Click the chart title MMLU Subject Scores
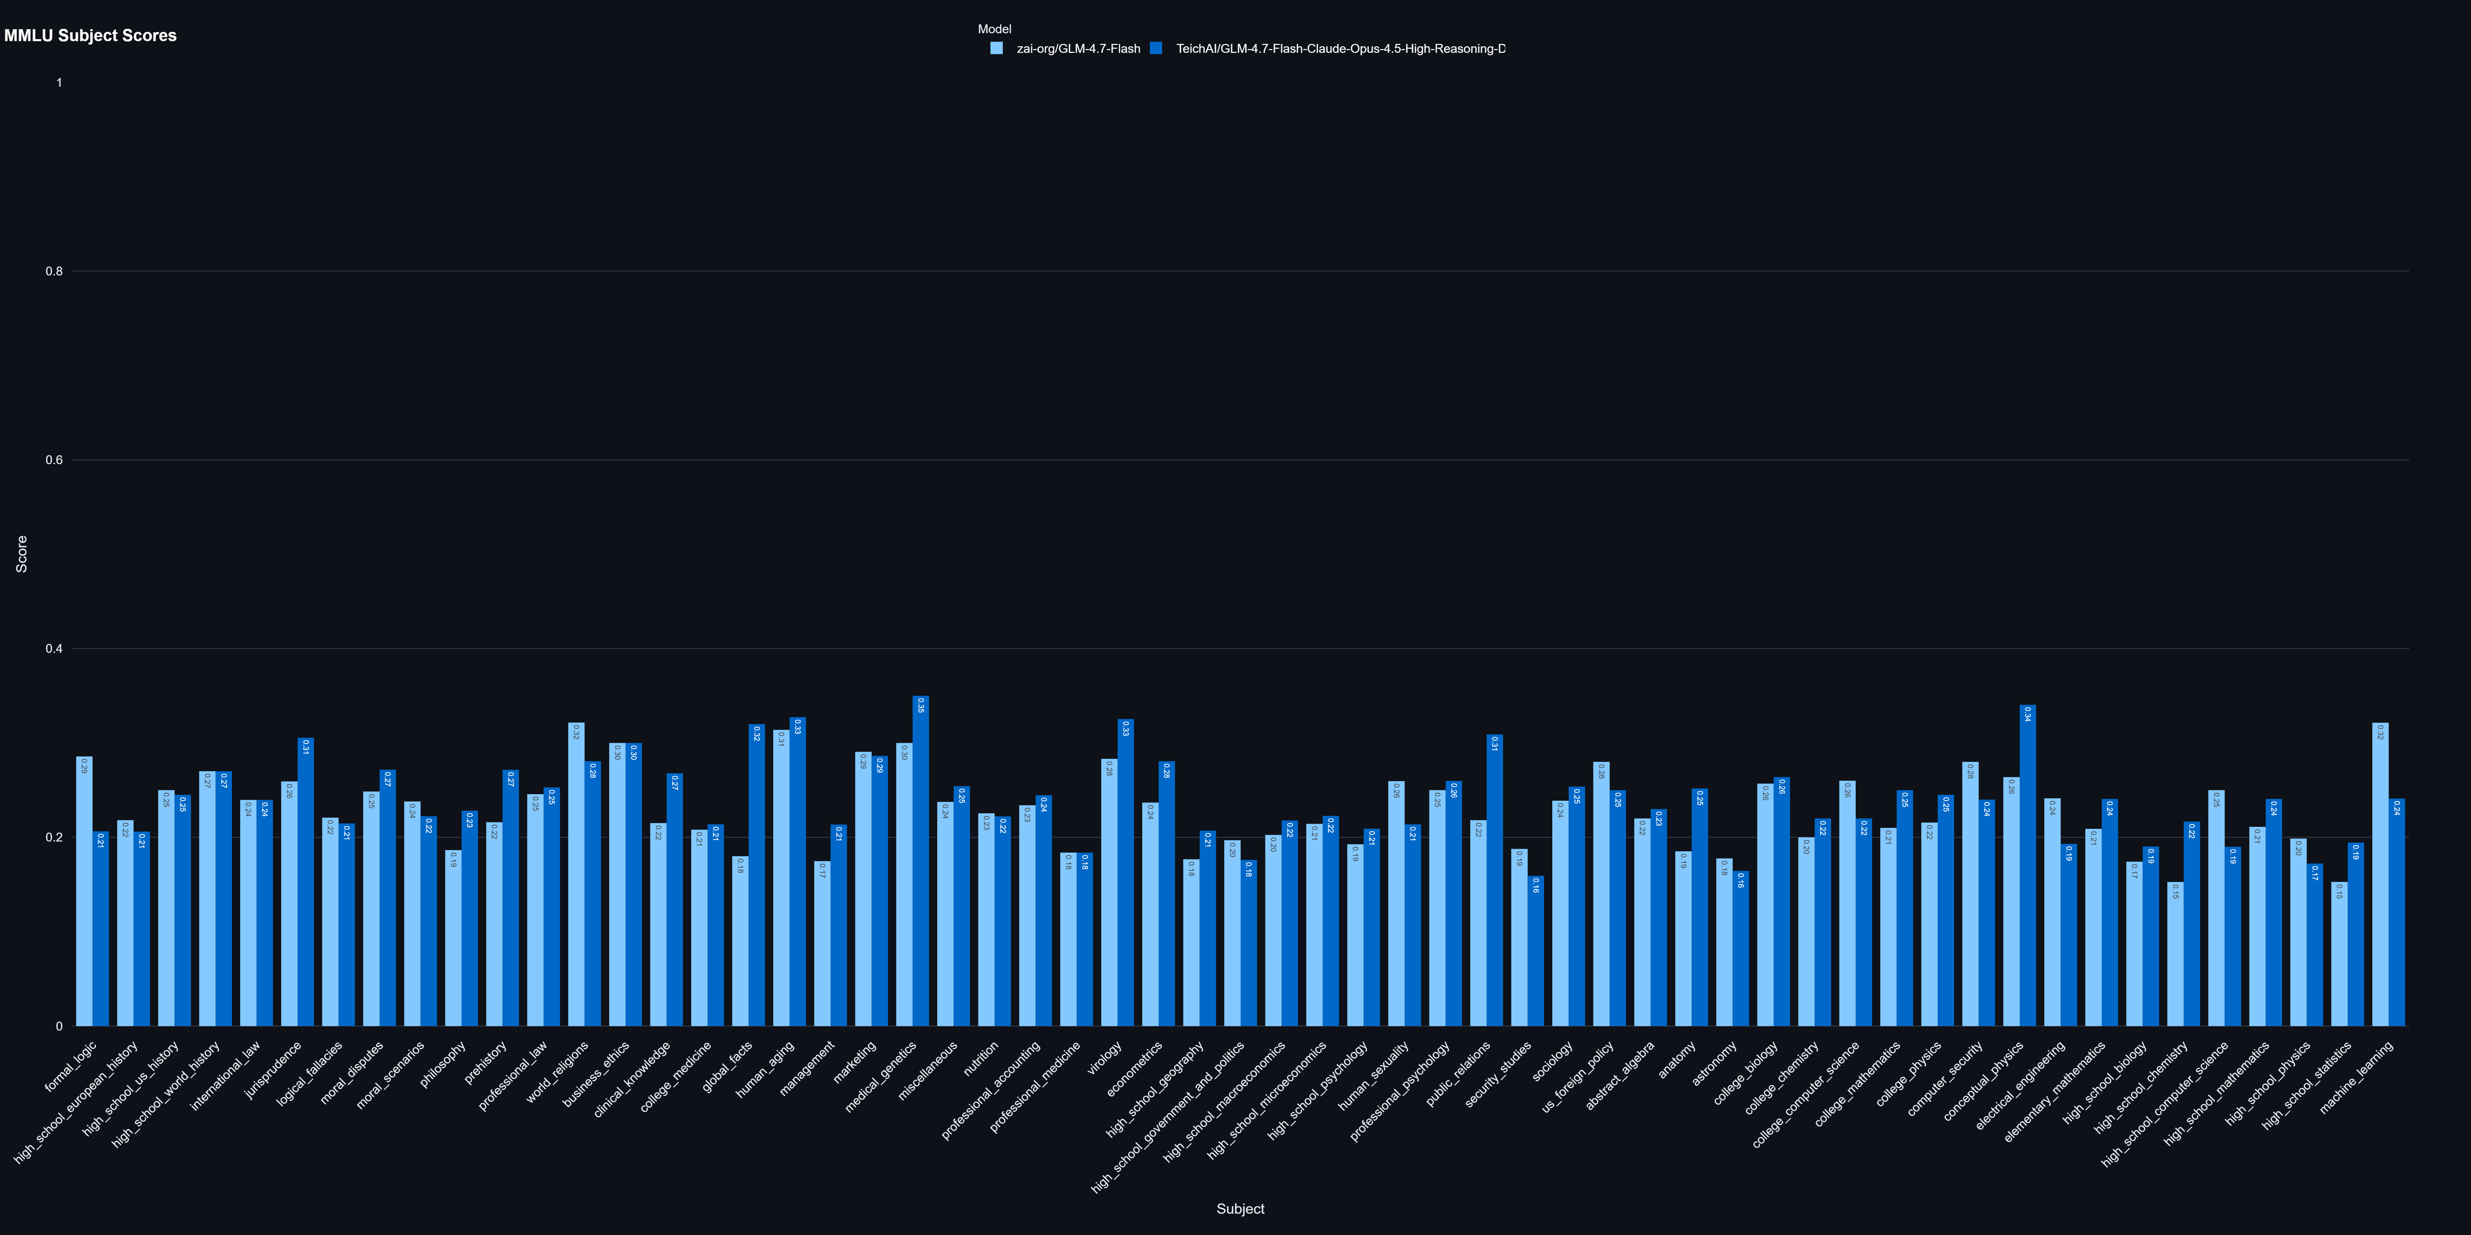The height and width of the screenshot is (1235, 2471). click(90, 35)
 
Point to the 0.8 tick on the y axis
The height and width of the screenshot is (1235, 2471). click(54, 271)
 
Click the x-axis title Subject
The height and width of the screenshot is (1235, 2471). click(1239, 1208)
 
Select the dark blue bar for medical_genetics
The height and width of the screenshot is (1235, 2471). click(921, 863)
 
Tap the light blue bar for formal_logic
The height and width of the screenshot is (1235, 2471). click(84, 892)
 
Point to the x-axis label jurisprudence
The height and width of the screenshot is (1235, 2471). click(274, 1069)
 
